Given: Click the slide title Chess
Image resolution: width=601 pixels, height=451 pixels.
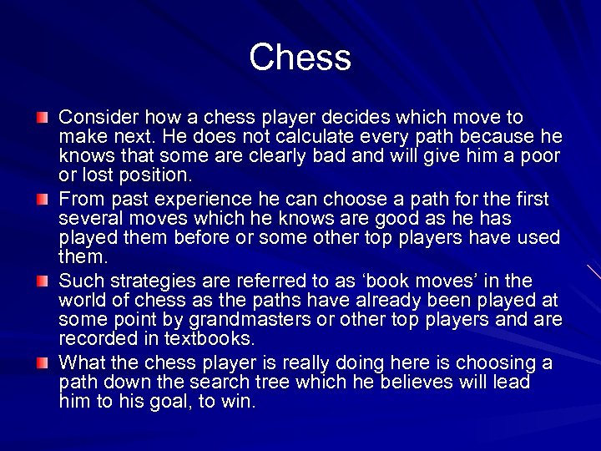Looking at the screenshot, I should coord(300,58).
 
